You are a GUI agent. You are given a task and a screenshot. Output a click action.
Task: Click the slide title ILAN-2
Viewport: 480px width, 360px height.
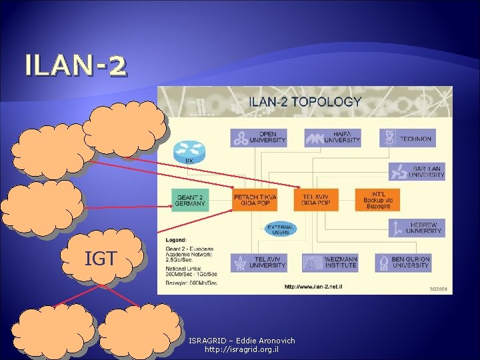[x=75, y=66]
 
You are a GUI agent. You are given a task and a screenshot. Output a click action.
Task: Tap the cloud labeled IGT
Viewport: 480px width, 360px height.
[x=101, y=259]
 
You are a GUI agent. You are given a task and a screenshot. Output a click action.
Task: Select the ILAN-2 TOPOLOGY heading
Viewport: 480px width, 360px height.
[x=305, y=103]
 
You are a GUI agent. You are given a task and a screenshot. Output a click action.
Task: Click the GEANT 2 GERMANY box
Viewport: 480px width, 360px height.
[x=191, y=200]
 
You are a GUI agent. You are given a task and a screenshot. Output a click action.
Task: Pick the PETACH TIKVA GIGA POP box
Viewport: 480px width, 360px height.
[x=255, y=200]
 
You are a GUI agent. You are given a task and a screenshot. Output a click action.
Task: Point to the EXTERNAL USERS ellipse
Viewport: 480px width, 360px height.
[x=280, y=230]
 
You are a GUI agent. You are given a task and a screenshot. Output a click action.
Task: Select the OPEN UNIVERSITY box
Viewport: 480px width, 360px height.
[x=259, y=138]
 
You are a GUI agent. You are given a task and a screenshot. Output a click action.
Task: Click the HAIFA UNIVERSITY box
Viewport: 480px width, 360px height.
[x=333, y=138]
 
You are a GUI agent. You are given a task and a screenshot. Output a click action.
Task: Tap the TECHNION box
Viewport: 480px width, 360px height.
[x=407, y=138]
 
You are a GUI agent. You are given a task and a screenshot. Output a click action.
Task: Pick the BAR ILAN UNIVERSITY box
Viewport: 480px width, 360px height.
[x=417, y=171]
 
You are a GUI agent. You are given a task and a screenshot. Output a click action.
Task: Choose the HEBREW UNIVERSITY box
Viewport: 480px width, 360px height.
[x=417, y=227]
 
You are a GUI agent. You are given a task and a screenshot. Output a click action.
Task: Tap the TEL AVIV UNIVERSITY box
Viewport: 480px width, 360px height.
[x=259, y=262]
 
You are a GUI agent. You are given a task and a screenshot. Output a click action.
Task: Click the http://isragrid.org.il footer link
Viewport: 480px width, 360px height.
[x=241, y=349]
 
